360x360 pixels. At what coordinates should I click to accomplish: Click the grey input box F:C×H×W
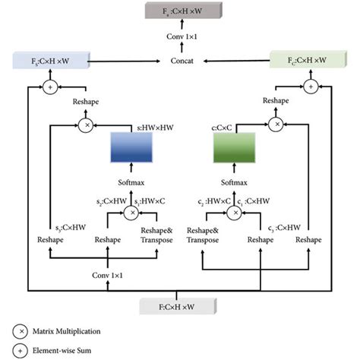click(x=179, y=306)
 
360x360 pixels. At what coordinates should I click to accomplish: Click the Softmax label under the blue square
click(x=131, y=183)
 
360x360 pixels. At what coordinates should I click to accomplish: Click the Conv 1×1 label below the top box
click(x=179, y=36)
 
